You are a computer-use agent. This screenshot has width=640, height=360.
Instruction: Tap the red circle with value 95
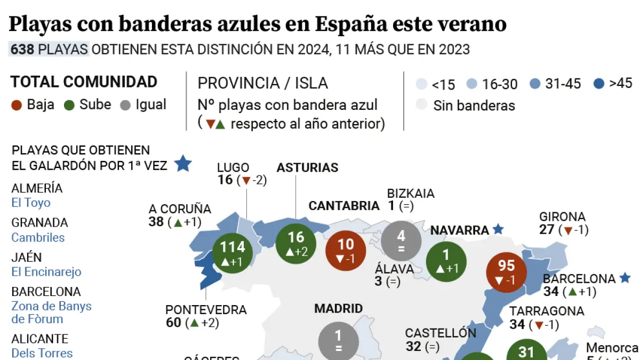tap(506, 271)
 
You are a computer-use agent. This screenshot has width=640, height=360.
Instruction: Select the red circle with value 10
tap(346, 250)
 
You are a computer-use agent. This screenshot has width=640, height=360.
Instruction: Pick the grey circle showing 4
tap(401, 242)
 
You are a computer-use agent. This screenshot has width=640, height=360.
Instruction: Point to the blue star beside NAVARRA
tap(498, 229)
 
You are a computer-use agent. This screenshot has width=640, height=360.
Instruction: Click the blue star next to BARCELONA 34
tap(625, 278)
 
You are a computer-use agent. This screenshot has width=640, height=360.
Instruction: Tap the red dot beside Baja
tap(17, 105)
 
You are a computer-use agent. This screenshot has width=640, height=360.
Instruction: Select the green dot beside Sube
tap(69, 105)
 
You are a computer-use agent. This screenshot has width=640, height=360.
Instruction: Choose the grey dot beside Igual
tap(126, 105)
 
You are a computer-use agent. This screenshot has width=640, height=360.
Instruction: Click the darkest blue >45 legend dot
tap(599, 84)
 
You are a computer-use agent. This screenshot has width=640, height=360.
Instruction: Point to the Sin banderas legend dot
tap(422, 105)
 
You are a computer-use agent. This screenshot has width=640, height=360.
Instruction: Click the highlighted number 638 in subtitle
tap(22, 50)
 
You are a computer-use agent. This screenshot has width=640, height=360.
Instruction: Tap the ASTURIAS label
tap(307, 167)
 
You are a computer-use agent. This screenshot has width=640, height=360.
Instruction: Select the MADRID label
tap(338, 308)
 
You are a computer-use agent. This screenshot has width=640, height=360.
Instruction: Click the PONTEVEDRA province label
tap(206, 310)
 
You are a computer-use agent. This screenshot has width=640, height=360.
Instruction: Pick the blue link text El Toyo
tap(31, 203)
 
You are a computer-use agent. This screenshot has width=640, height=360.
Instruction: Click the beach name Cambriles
tap(38, 237)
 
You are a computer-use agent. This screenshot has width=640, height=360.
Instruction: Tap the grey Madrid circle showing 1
tap(338, 341)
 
